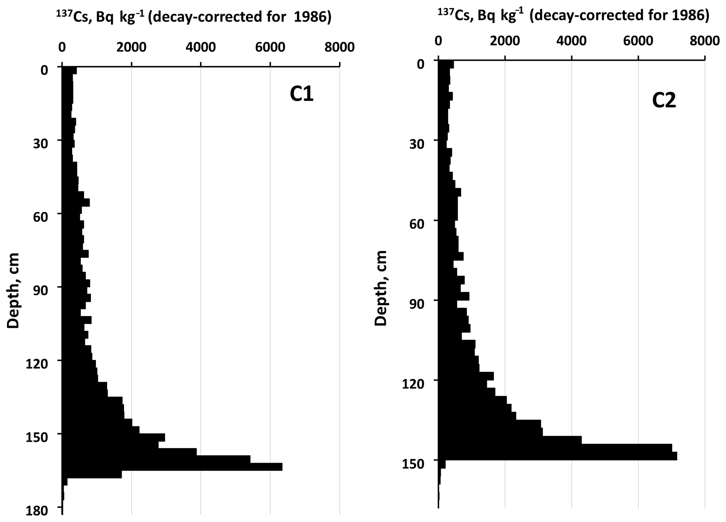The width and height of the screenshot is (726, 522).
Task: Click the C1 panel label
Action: [302, 94]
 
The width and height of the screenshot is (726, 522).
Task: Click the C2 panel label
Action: [663, 101]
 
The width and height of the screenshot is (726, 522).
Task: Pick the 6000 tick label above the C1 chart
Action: [270, 47]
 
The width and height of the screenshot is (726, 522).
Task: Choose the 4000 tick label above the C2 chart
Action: [571, 41]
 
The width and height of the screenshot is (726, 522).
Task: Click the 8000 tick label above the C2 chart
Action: [705, 41]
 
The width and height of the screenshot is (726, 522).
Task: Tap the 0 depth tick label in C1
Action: [44, 71]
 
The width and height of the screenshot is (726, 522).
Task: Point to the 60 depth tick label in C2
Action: [417, 225]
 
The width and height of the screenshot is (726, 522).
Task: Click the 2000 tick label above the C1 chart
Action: [131, 47]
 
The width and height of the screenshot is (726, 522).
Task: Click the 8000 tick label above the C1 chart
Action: [339, 47]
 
